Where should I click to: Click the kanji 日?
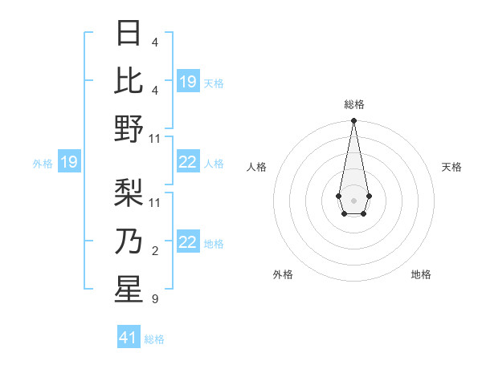(x=129, y=33)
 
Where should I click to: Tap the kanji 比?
(x=129, y=80)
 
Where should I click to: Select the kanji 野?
(x=129, y=128)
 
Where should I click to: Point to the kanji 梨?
(x=129, y=193)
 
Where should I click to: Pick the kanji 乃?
(x=129, y=241)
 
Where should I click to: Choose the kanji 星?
(x=129, y=290)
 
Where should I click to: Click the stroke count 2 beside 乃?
(x=155, y=252)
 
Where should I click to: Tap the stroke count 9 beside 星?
(x=155, y=299)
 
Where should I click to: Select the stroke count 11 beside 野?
(x=155, y=139)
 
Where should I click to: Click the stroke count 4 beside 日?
(x=155, y=41)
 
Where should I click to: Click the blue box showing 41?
(x=129, y=338)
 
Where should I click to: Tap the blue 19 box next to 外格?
(x=68, y=163)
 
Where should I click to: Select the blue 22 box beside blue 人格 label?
(x=188, y=163)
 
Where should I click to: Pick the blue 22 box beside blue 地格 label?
(x=188, y=243)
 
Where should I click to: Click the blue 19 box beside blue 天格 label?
(x=188, y=82)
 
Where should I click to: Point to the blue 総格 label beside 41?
(x=154, y=339)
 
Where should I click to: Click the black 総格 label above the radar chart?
(x=353, y=104)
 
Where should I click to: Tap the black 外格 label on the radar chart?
(x=283, y=274)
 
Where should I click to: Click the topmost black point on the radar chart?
(x=353, y=121)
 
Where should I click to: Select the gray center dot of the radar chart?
(x=353, y=200)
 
